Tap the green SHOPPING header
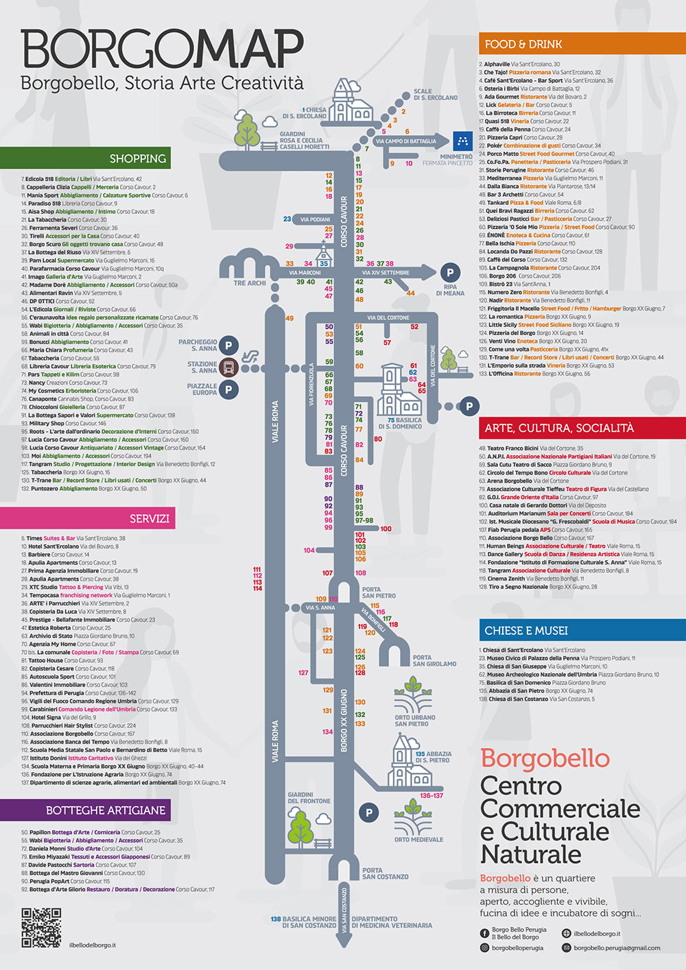click(x=138, y=158)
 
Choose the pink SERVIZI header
click(x=149, y=518)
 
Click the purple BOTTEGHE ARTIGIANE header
click(x=106, y=810)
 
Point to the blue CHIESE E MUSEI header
click(x=526, y=630)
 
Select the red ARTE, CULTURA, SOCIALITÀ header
click(x=559, y=428)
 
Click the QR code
click(x=41, y=927)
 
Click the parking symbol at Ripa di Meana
click(x=450, y=273)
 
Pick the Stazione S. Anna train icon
click(x=230, y=366)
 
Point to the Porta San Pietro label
click(x=379, y=592)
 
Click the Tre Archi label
click(x=250, y=283)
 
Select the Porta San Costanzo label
click(x=385, y=873)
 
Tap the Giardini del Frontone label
click(x=309, y=798)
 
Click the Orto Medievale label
click(x=418, y=839)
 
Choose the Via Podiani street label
click(x=315, y=219)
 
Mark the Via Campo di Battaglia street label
click(x=405, y=141)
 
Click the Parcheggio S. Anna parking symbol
click(x=228, y=345)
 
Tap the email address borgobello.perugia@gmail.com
click(x=617, y=948)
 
